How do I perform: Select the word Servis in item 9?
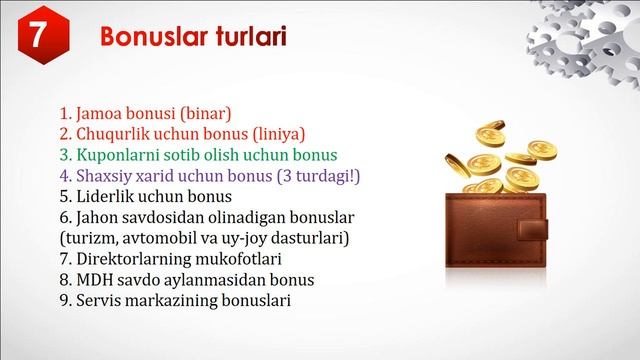[x=100, y=301]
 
